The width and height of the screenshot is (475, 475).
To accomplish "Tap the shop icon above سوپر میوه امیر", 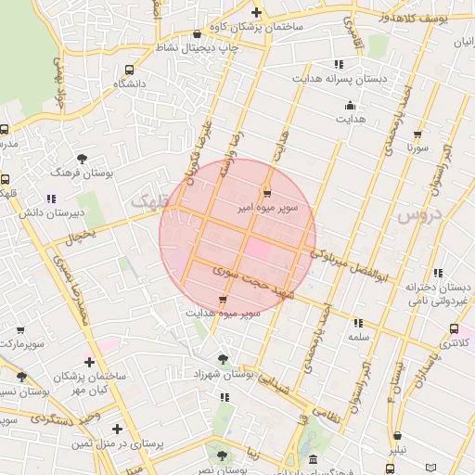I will point(267,193).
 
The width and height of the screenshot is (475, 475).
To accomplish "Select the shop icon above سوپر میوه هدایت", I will point(222,299).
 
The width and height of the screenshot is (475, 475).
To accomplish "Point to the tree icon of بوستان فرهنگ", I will point(83,159).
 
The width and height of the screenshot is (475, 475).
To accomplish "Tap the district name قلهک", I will point(150,199).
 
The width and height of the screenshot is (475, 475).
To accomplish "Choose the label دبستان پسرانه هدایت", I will point(340,79).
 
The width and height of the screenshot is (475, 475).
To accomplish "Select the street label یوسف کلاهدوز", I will point(428,18).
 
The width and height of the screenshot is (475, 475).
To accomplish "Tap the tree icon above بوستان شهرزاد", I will point(222,358).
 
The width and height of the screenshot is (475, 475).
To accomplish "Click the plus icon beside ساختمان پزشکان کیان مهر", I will point(89,362).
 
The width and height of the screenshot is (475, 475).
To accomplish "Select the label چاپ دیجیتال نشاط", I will point(197,45).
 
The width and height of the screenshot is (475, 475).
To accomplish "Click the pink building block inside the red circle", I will point(259,249).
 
